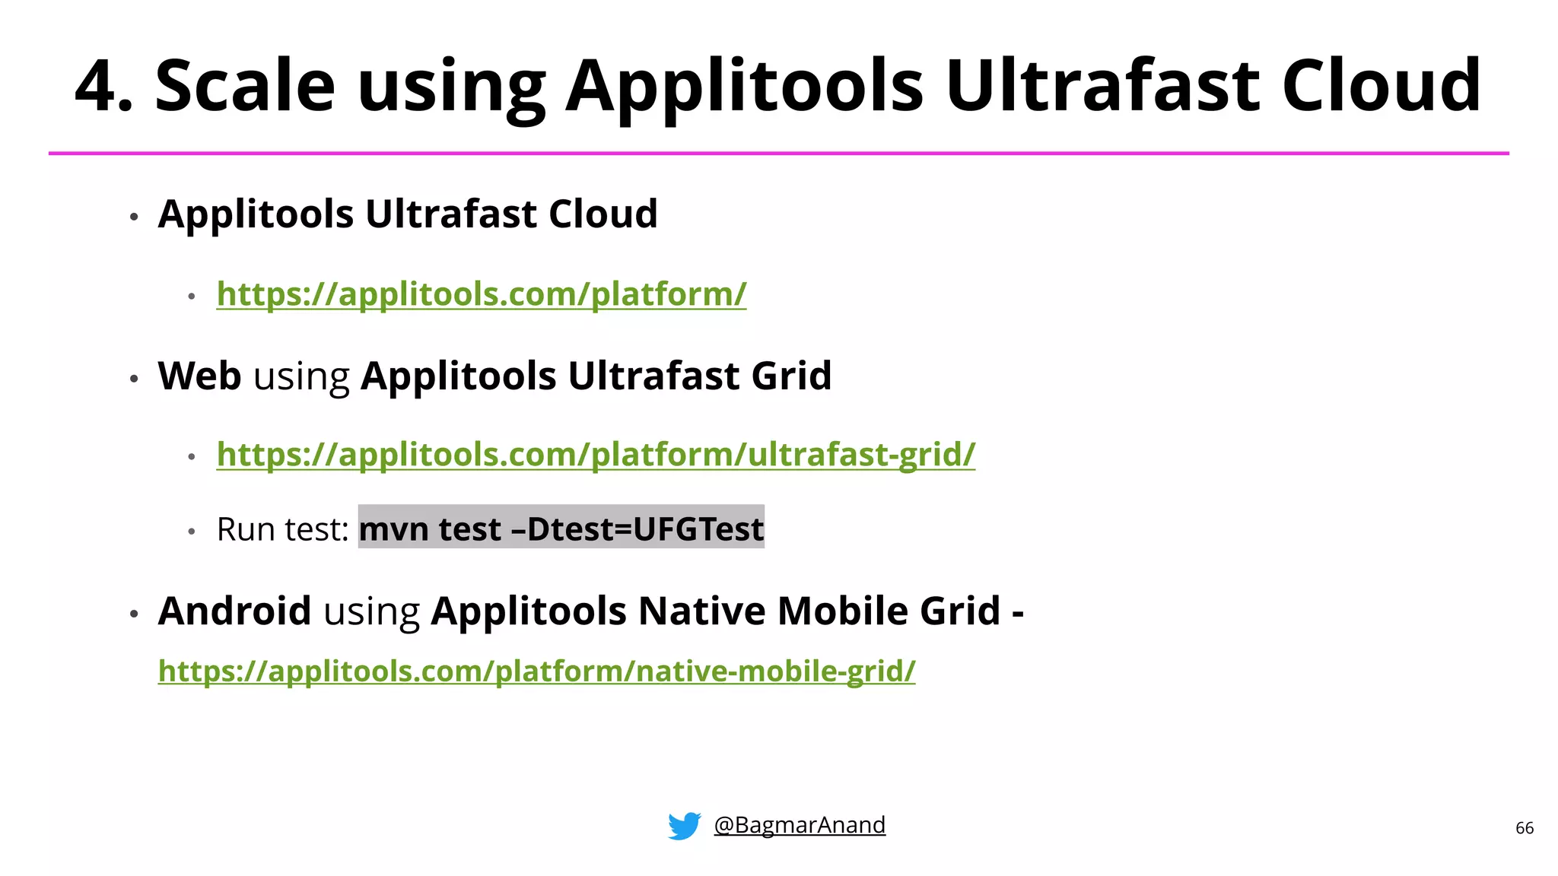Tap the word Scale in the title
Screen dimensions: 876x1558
point(245,86)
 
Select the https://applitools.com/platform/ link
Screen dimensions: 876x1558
point(482,294)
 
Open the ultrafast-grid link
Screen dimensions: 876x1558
point(596,455)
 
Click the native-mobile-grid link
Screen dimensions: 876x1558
point(536,671)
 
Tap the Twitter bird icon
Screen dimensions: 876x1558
point(684,826)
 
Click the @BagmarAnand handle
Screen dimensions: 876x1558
point(800,825)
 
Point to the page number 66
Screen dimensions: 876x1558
point(1525,828)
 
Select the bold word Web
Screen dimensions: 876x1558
point(199,376)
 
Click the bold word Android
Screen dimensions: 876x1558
point(234,611)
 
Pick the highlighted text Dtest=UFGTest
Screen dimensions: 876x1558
point(645,529)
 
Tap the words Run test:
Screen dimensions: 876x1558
point(282,529)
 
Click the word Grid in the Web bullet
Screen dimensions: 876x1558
point(791,376)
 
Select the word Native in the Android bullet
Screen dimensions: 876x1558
point(701,611)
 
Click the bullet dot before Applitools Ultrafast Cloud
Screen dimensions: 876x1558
point(134,217)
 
